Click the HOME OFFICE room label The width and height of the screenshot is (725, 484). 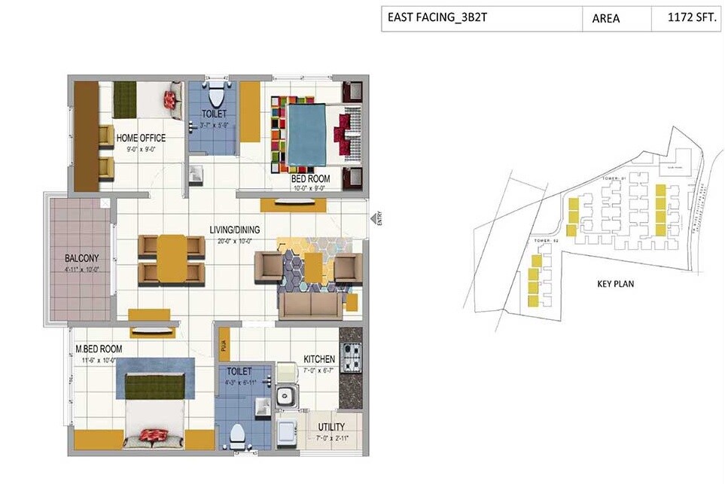point(141,139)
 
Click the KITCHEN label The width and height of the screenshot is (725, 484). point(319,359)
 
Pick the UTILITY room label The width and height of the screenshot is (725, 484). point(331,426)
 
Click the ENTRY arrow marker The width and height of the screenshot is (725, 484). point(373,218)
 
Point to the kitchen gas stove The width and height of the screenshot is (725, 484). point(352,357)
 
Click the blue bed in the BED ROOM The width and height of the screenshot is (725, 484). point(307,134)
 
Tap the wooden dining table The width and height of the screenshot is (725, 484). point(171,258)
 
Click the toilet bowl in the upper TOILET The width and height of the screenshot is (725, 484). point(217,96)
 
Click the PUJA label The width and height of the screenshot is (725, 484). point(224,345)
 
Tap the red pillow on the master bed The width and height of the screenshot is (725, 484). point(153,435)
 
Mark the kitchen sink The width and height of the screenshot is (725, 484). point(285,396)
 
